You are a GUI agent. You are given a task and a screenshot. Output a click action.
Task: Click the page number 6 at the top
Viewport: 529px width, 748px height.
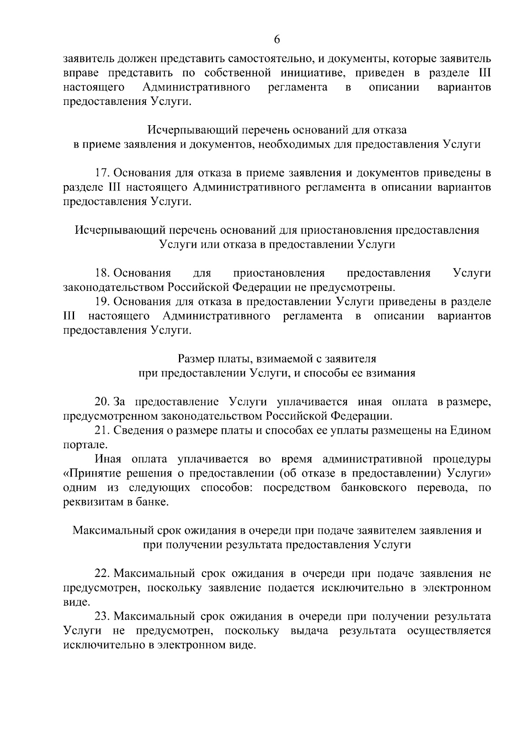point(277,39)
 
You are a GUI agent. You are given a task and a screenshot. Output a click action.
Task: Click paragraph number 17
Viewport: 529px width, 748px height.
point(102,173)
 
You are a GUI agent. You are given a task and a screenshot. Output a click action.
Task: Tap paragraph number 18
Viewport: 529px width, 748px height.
point(102,273)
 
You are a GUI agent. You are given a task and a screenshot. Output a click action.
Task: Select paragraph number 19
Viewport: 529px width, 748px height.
point(102,302)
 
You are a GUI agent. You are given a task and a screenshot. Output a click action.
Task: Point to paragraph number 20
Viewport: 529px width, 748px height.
point(102,402)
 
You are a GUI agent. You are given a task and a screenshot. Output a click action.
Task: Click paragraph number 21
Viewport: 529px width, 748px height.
point(102,430)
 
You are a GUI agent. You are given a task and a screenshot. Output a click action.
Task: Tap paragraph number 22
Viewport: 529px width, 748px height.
point(102,573)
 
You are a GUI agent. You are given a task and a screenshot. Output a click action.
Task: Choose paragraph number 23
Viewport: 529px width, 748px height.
point(102,616)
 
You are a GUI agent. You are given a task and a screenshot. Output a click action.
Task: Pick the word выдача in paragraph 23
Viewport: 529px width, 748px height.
point(309,631)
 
